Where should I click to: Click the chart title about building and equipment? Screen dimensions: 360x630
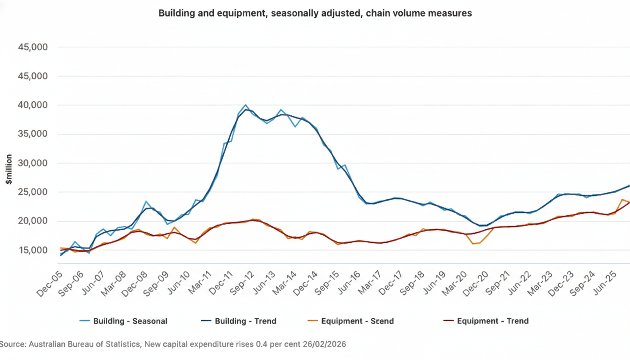(x=315, y=13)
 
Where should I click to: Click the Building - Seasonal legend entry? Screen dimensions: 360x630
(x=130, y=321)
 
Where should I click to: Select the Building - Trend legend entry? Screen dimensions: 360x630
(x=245, y=321)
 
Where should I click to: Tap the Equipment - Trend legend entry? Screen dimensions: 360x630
(x=493, y=321)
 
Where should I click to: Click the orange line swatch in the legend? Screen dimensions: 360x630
(x=312, y=321)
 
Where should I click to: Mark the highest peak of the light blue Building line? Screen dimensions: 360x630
(x=246, y=105)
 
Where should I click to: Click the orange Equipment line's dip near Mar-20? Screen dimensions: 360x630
(x=473, y=244)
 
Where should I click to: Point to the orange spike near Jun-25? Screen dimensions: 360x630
(x=622, y=200)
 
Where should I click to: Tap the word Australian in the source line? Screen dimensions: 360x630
(x=47, y=345)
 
